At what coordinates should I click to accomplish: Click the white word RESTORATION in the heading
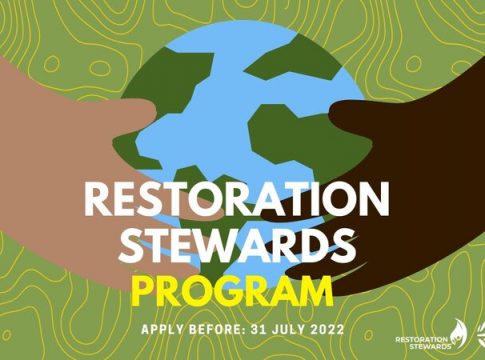(236, 199)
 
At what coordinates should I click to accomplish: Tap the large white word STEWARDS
(237, 245)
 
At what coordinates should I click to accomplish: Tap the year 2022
(327, 329)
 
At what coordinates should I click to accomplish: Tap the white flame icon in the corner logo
(459, 336)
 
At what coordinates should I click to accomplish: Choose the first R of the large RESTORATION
(97, 199)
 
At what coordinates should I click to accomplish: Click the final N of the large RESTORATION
(373, 199)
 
